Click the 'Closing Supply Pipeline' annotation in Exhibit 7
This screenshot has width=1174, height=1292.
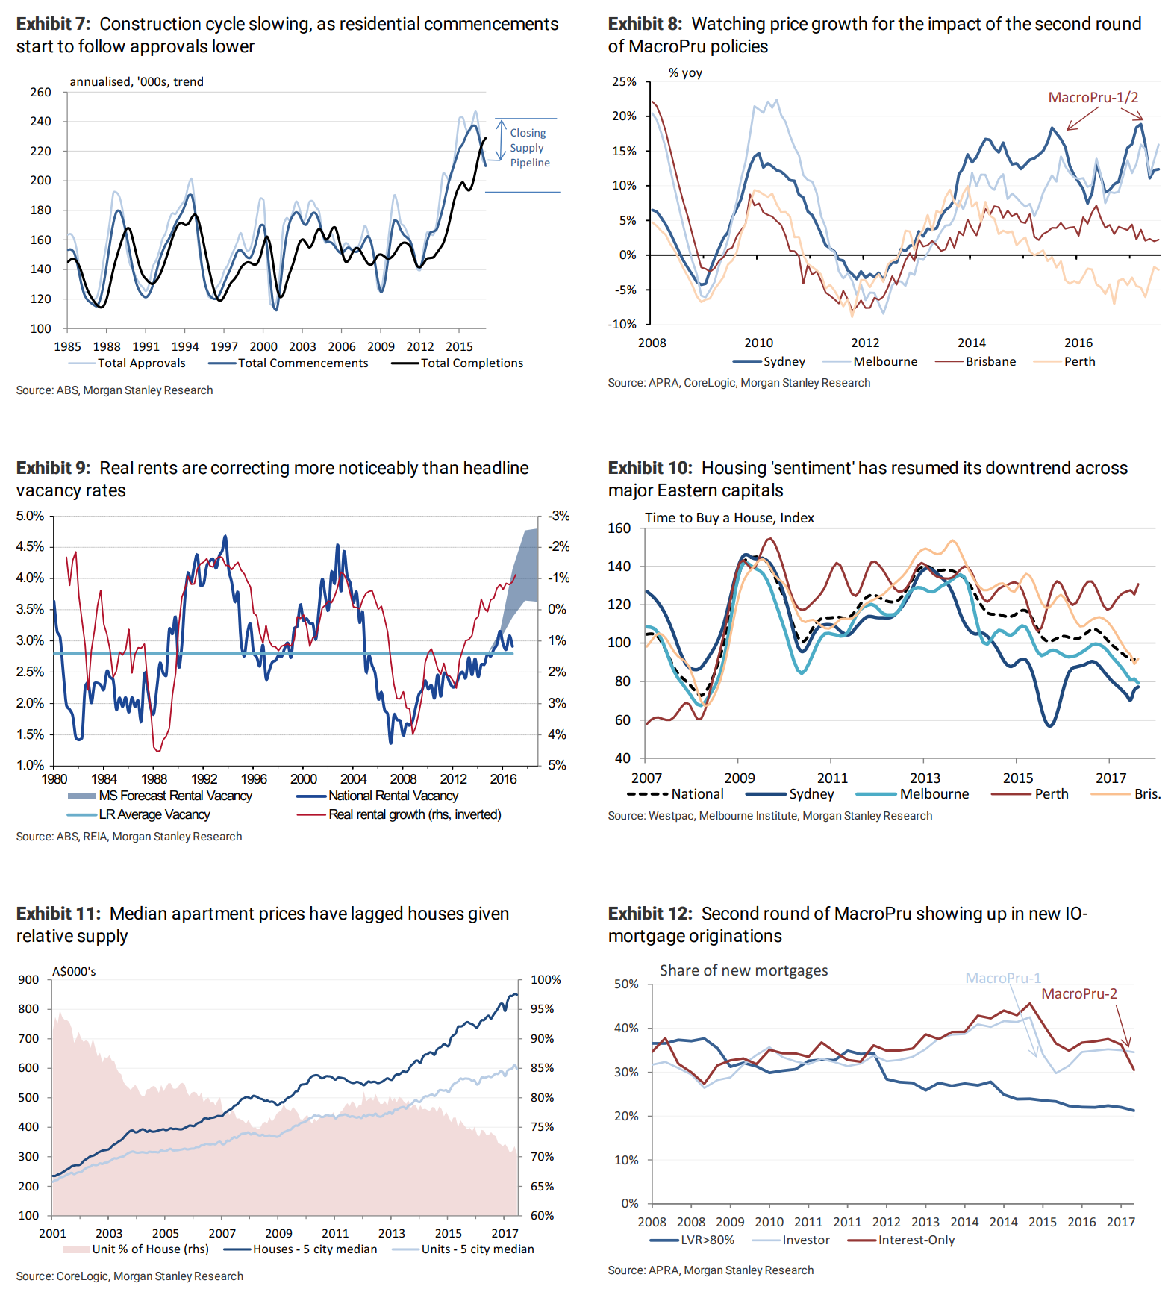pyautogui.click(x=529, y=148)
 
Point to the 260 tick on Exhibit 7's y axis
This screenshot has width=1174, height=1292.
pyautogui.click(x=41, y=93)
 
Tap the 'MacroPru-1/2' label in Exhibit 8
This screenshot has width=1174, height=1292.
pyautogui.click(x=1093, y=98)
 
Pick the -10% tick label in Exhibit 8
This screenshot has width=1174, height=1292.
pyautogui.click(x=622, y=325)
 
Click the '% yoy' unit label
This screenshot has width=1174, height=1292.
pyautogui.click(x=685, y=73)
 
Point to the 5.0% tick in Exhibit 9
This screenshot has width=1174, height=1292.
pyautogui.click(x=31, y=517)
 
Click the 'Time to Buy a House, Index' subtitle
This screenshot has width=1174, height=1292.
pyautogui.click(x=729, y=518)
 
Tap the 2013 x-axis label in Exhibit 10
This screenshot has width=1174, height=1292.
pyautogui.click(x=925, y=778)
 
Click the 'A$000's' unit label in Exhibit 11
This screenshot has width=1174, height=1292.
pyautogui.click(x=74, y=972)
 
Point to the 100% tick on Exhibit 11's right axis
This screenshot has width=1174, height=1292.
pyautogui.click(x=546, y=980)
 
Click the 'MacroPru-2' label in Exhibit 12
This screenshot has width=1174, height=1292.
pyautogui.click(x=1078, y=994)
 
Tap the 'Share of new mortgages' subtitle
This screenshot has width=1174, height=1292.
pyautogui.click(x=743, y=970)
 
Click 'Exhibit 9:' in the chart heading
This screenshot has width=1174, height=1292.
pyautogui.click(x=53, y=468)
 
